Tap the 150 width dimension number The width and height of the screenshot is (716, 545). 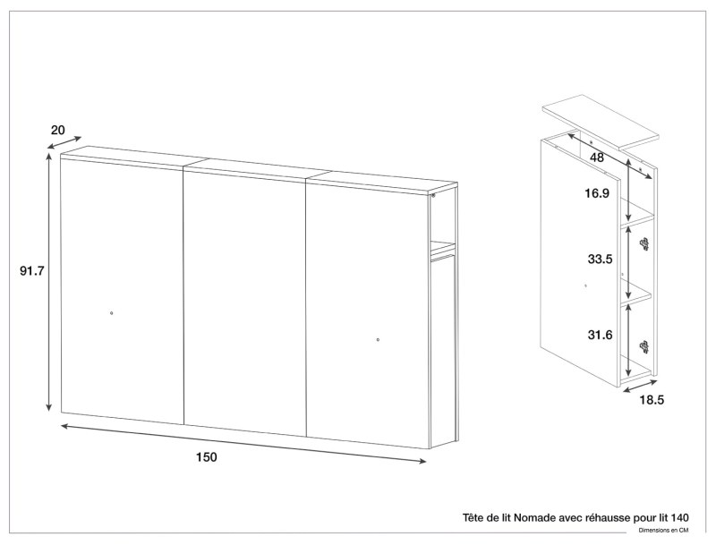207,457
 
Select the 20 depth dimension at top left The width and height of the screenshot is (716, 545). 58,130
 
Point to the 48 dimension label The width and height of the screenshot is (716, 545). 598,158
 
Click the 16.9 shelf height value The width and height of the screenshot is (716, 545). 598,192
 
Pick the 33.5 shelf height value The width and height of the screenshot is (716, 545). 599,260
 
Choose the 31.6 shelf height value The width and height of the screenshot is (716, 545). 599,336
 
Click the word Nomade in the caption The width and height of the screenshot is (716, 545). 539,517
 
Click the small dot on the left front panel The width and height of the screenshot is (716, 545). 111,312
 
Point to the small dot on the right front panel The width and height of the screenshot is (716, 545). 378,339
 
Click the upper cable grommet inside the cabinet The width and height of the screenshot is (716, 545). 643,242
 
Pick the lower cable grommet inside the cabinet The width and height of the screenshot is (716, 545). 643,345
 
